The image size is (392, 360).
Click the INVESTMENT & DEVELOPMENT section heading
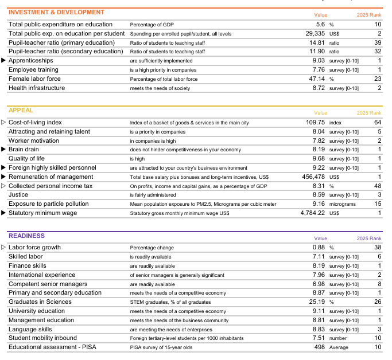coord(56,12)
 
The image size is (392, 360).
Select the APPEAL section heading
coord(21,110)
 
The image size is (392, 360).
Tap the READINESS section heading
coord(26,236)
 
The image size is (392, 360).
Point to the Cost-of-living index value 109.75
coord(315,123)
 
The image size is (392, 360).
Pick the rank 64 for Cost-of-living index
coord(377,123)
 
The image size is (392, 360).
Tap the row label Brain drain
coord(24,150)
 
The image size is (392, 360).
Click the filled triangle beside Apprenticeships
coord(3,60)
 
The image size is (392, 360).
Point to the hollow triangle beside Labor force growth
coord(3,248)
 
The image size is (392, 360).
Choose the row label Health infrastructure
coord(37,88)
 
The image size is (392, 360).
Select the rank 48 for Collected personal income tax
coord(377,186)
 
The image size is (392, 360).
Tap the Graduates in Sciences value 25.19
coord(317,302)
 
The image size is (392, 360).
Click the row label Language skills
coord(30,330)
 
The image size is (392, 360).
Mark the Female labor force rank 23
coord(377,79)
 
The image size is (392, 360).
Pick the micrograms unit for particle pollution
coord(343,204)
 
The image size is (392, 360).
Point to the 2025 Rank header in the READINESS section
coord(368,238)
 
